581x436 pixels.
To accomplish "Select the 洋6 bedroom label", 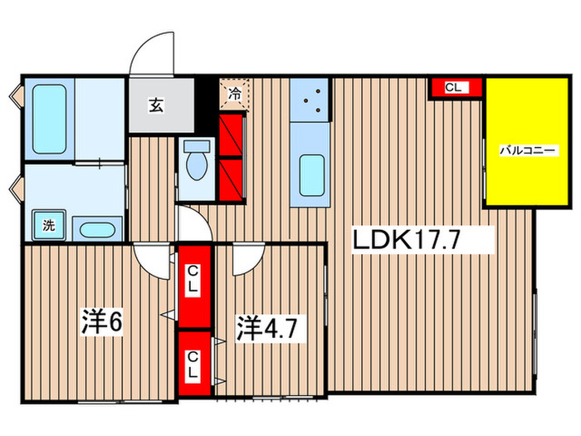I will pos(102,321).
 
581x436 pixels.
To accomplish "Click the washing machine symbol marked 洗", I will pos(49,224).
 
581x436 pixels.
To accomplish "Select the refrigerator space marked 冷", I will pos(234,93).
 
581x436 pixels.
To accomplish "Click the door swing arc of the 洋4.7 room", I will pos(247,259).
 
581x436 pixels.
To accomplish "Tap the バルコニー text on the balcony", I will pos(520,151).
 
